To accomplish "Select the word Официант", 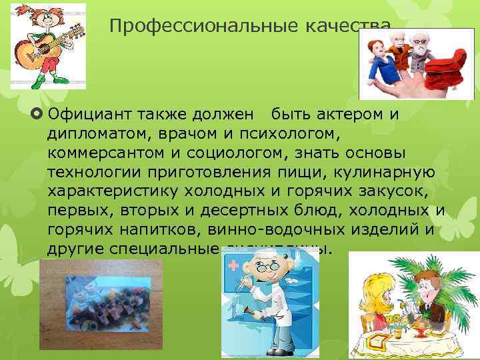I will coord(90,113).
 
